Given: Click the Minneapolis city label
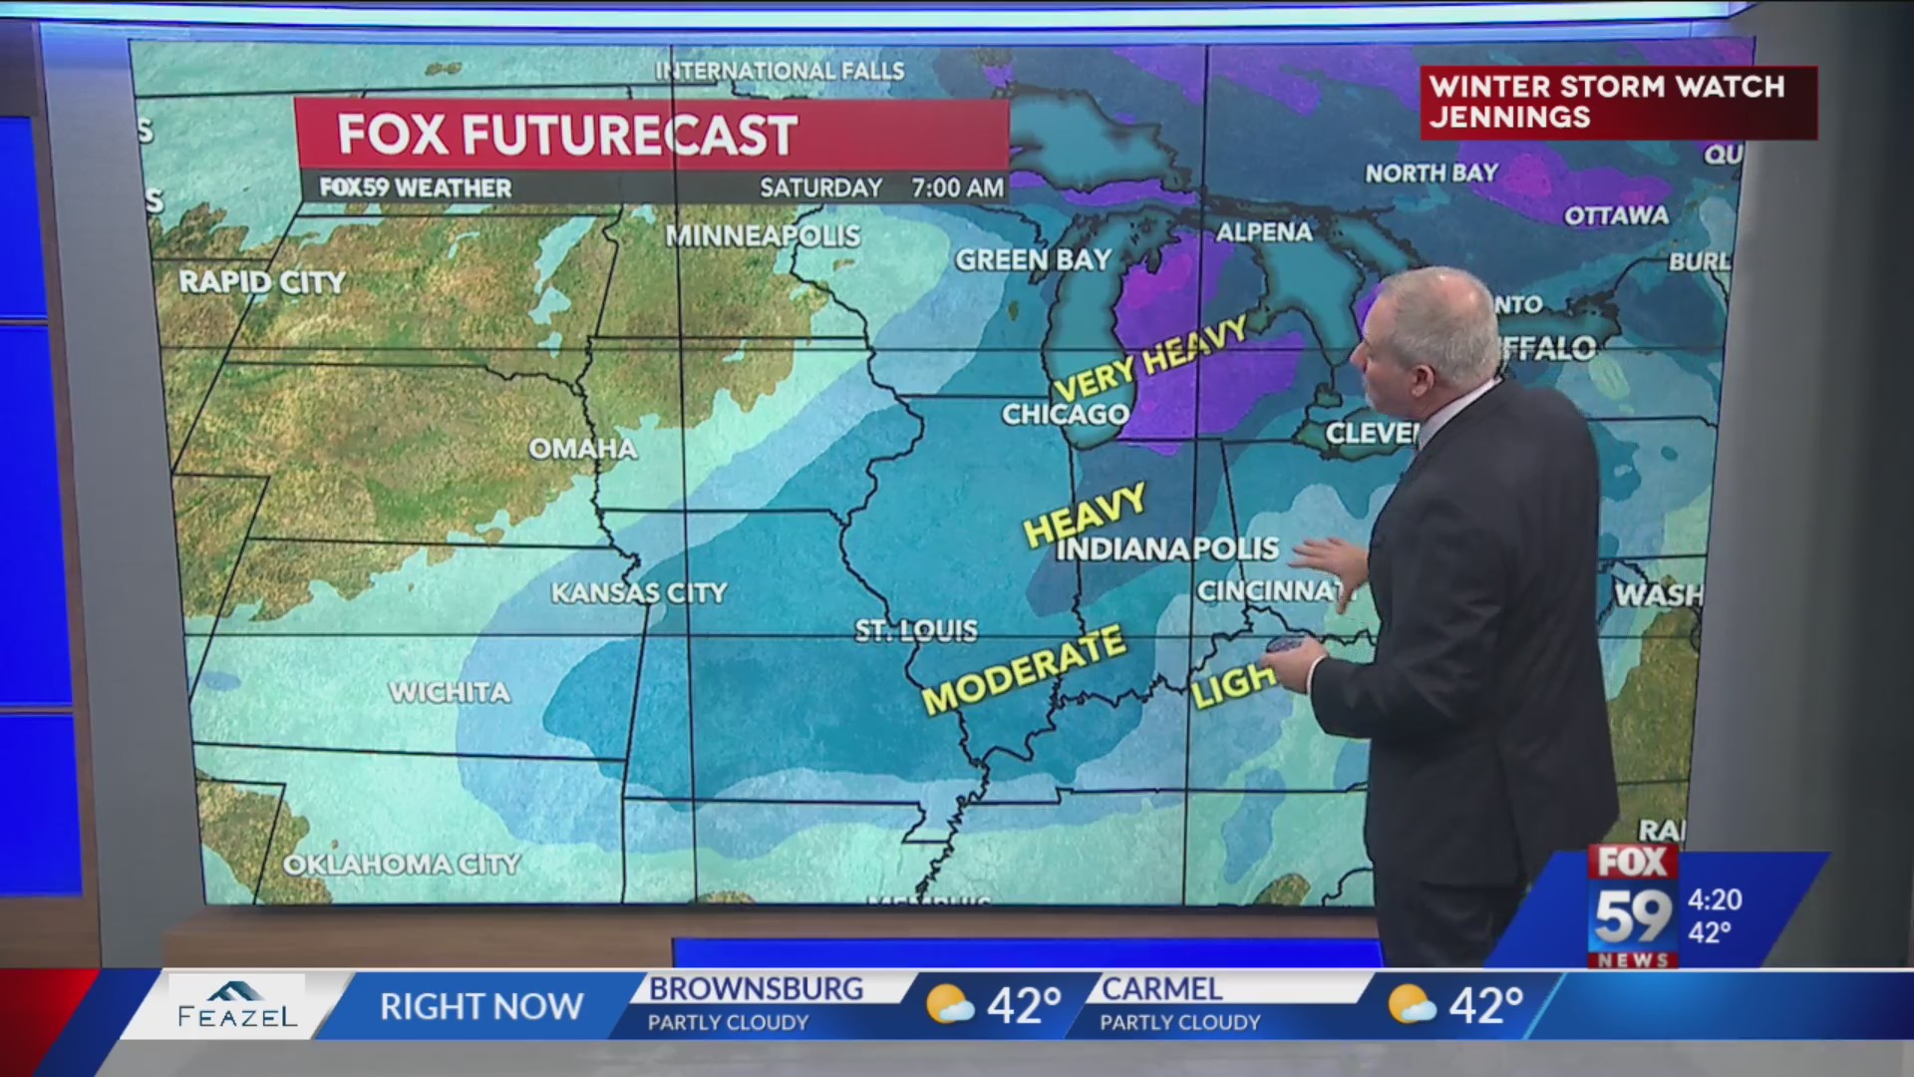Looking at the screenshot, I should (x=763, y=236).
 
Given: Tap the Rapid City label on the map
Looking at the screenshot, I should (x=262, y=282).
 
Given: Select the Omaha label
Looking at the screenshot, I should (x=582, y=449).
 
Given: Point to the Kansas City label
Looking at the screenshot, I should (x=639, y=593).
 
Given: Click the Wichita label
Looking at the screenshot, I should (x=450, y=692).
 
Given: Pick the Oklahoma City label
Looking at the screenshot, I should (x=402, y=864).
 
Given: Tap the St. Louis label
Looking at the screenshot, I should (x=916, y=630).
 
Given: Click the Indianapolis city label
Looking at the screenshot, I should (x=1166, y=548).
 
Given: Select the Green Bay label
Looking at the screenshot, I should (x=1033, y=260).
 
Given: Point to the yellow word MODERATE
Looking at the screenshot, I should (x=1024, y=670).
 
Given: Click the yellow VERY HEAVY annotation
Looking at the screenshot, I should (x=1149, y=359).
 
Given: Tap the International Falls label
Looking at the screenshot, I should (x=780, y=71).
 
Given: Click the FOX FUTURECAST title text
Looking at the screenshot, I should (x=567, y=135).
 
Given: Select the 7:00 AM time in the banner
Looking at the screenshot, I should (x=956, y=187).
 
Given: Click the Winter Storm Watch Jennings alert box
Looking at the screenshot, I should (x=1617, y=102).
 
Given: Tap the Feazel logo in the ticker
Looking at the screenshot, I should (x=237, y=1005).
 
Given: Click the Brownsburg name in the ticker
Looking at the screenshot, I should (x=756, y=988).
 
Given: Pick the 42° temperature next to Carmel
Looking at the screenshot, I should (x=1485, y=1005).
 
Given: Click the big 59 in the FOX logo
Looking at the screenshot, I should (x=1632, y=916).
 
